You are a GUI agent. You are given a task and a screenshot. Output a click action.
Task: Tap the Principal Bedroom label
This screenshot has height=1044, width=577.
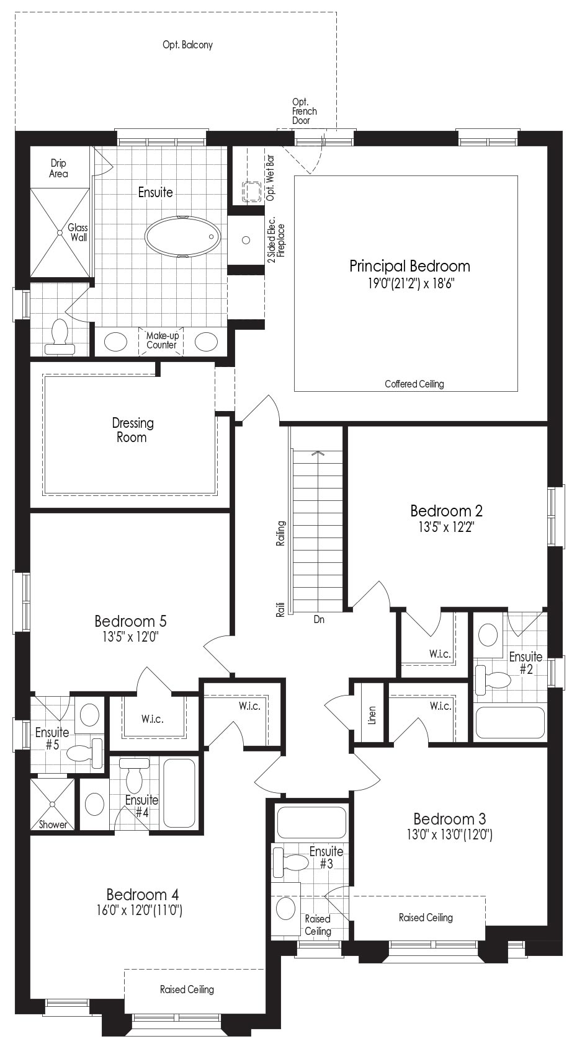point(409,266)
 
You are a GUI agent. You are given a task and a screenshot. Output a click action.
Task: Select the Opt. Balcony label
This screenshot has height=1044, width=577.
point(187,45)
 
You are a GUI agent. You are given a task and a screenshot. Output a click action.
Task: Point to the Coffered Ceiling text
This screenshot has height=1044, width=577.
point(414,384)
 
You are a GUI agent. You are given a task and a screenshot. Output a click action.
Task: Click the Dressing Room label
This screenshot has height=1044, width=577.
point(133,430)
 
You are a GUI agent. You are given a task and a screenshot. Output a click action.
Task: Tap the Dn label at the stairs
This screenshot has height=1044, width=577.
point(319,619)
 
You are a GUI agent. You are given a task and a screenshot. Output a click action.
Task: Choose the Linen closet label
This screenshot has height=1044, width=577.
point(372,715)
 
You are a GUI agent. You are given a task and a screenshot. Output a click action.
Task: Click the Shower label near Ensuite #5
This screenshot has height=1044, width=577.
point(53,825)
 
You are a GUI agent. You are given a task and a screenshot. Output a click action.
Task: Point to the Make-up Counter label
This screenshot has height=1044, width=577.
point(162,340)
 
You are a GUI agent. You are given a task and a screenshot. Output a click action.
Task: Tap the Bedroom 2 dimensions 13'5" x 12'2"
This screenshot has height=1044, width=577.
point(446,527)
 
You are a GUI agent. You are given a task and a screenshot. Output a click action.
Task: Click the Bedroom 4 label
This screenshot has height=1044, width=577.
point(143,895)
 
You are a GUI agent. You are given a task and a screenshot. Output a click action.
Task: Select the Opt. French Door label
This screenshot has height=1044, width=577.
point(304,111)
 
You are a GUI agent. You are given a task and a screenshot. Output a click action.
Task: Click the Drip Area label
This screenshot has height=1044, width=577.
point(58,168)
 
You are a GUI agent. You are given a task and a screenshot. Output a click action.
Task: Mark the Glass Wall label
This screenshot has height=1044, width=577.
point(78,232)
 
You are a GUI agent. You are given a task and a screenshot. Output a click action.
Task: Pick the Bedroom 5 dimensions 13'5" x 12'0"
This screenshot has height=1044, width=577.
point(131,637)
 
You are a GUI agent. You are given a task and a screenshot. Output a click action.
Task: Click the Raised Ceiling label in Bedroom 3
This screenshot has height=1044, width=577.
point(426,918)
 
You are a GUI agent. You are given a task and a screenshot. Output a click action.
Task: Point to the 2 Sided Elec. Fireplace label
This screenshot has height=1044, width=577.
point(275,239)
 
